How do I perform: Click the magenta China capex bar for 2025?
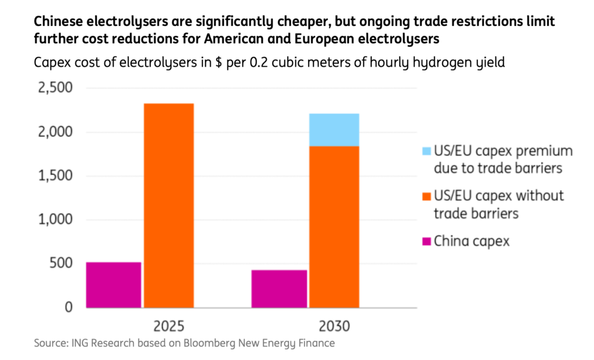[x=114, y=285]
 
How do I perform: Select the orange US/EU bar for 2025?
[x=169, y=205]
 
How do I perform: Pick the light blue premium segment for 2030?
[x=334, y=130]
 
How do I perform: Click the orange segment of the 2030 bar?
[x=334, y=226]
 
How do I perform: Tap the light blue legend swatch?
[x=426, y=151]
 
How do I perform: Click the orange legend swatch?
[x=426, y=197]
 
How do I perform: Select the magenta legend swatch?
[x=426, y=241]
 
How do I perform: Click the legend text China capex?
[x=472, y=241]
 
